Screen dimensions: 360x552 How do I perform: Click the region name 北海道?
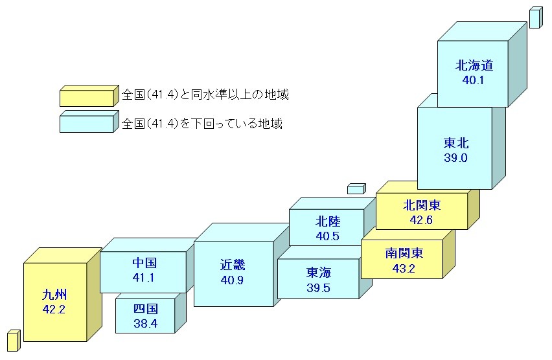click(x=474, y=65)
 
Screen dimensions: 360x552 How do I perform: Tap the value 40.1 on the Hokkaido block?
click(x=474, y=80)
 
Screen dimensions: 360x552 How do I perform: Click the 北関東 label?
click(x=422, y=205)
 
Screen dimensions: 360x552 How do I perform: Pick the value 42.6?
click(x=422, y=220)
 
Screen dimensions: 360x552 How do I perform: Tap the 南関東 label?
click(x=404, y=253)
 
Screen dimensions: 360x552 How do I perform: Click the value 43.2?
click(x=404, y=267)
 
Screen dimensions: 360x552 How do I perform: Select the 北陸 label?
click(x=328, y=221)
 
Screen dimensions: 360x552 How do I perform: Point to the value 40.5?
click(x=328, y=236)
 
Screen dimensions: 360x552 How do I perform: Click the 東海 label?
click(x=318, y=273)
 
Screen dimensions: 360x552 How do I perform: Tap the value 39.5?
click(x=318, y=287)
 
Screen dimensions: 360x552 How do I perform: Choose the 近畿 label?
click(x=233, y=265)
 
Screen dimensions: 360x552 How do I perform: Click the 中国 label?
click(x=144, y=264)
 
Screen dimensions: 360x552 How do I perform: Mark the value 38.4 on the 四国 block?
click(x=145, y=322)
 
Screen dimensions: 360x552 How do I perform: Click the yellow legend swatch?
click(x=87, y=97)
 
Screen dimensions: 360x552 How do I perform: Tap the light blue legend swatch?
click(x=87, y=123)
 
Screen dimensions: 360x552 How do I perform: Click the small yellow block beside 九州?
click(x=13, y=341)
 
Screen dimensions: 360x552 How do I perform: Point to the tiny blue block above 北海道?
click(x=535, y=18)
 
